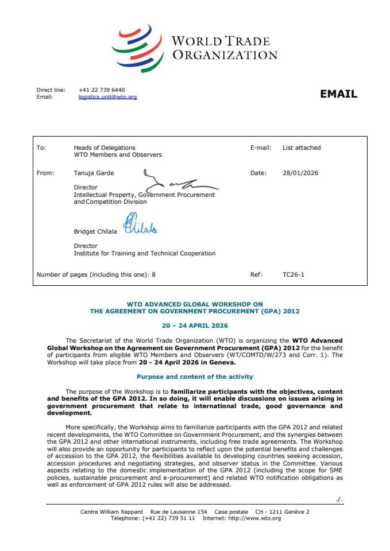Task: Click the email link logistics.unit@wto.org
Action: pyautogui.click(x=107, y=97)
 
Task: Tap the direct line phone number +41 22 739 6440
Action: pyautogui.click(x=102, y=90)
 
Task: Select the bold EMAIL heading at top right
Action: pyautogui.click(x=338, y=94)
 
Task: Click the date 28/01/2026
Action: pyautogui.click(x=300, y=173)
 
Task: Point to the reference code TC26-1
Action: pyautogui.click(x=294, y=274)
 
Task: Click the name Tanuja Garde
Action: pyautogui.click(x=94, y=173)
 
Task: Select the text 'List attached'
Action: pyautogui.click(x=302, y=148)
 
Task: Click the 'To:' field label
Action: pyautogui.click(x=41, y=148)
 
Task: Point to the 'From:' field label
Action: pyautogui.click(x=45, y=173)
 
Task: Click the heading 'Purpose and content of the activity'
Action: pyautogui.click(x=195, y=377)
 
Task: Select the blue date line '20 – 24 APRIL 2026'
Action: pyautogui.click(x=195, y=325)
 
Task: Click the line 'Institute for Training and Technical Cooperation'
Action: pyautogui.click(x=144, y=253)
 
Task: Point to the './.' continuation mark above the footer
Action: pyautogui.click(x=339, y=499)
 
